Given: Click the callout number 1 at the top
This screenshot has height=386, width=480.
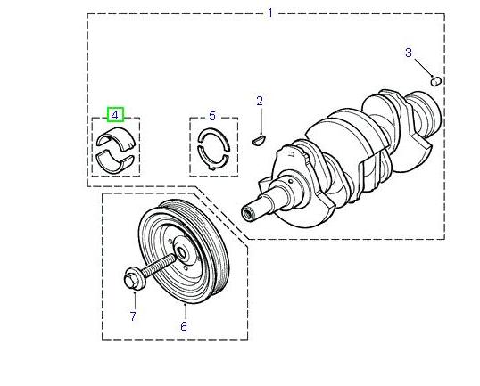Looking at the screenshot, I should click(270, 12).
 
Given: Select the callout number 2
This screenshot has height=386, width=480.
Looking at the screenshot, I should click(260, 101).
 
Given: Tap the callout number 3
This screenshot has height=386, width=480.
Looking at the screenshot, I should click(409, 53).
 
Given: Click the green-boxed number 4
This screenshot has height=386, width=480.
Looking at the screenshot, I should click(115, 115).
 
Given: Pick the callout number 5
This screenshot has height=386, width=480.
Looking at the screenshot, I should click(212, 116).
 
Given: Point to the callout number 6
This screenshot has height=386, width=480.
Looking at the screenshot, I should click(184, 327).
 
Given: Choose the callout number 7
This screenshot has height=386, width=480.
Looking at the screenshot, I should click(133, 316).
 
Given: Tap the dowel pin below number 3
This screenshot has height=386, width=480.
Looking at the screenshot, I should click(436, 80).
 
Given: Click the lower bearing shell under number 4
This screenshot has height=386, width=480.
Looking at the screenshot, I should click(116, 160).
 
